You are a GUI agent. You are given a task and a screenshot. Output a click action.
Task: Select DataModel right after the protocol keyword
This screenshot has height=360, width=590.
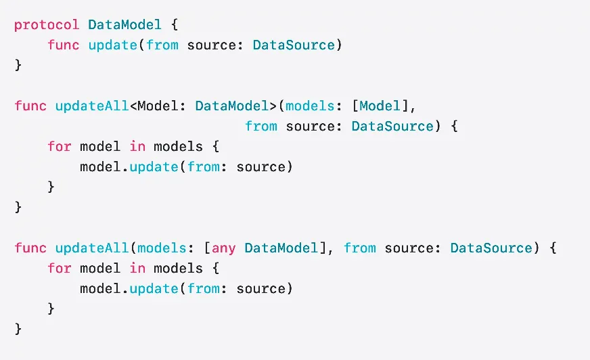click(124, 25)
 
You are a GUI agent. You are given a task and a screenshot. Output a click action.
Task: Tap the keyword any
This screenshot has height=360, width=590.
click(224, 248)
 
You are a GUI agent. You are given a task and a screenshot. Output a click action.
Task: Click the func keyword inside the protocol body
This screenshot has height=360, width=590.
click(64, 45)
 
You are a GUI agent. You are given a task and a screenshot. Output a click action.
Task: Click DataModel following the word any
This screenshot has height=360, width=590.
click(281, 248)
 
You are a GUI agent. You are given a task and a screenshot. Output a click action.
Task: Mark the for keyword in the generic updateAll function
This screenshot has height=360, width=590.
click(59, 146)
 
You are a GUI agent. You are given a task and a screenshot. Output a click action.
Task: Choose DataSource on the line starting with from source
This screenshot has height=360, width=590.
click(392, 126)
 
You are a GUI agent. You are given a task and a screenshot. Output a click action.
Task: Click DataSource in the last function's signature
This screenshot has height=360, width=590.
click(491, 248)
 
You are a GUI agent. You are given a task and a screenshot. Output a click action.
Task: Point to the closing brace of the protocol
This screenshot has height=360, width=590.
click(18, 66)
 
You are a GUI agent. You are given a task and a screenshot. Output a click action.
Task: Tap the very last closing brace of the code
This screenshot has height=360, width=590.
click(18, 329)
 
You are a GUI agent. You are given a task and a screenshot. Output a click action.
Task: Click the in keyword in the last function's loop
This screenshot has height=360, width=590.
click(133, 268)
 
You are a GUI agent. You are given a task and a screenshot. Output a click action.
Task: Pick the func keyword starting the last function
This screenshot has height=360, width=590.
click(30, 248)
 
